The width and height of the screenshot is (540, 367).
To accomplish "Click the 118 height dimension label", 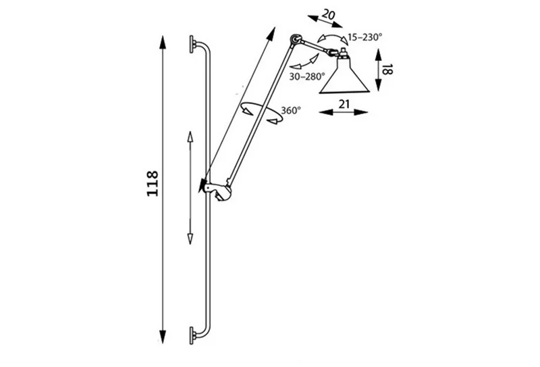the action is tap(153, 184).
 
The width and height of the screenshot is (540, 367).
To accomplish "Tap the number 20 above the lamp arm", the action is tap(328, 14).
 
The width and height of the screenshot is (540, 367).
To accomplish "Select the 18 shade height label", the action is tap(387, 70).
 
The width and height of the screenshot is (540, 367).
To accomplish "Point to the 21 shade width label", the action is tap(344, 104).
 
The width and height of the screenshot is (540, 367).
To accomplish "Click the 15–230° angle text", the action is tap(365, 37).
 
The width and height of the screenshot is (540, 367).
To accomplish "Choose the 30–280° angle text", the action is tap(307, 76).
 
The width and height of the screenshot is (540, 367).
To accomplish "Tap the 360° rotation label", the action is tap(291, 111).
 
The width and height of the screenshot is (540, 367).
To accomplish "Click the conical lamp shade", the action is tap(344, 75).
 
